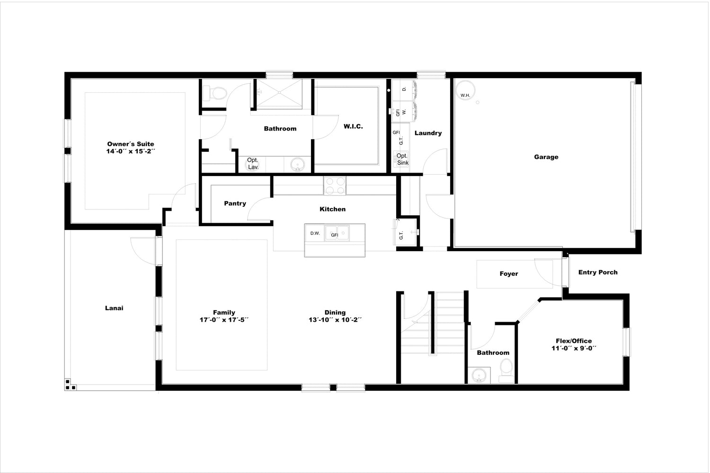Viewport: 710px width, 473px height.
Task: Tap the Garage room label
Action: [x=546, y=157]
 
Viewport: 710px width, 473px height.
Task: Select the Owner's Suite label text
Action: [x=131, y=144]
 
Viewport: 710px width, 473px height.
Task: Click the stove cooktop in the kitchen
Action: [x=335, y=185]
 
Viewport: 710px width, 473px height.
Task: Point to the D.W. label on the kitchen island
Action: [x=315, y=233]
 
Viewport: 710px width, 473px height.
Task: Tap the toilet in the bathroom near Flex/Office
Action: [x=506, y=370]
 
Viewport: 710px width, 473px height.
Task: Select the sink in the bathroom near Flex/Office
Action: [x=479, y=376]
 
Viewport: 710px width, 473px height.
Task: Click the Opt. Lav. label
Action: [x=253, y=164]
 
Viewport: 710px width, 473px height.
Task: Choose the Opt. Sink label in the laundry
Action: [x=402, y=159]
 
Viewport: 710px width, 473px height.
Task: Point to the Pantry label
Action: [x=235, y=203]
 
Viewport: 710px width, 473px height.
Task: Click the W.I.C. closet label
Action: [x=353, y=126]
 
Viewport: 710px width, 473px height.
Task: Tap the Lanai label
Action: [x=114, y=308]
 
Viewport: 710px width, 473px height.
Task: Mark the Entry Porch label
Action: [x=598, y=272]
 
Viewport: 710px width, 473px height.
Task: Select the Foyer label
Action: [x=509, y=274]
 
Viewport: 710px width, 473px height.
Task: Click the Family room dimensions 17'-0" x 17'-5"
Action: [x=224, y=320]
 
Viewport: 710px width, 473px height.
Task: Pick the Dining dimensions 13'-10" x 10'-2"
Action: [x=335, y=320]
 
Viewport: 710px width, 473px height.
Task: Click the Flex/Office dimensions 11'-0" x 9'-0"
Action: [x=574, y=348]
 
